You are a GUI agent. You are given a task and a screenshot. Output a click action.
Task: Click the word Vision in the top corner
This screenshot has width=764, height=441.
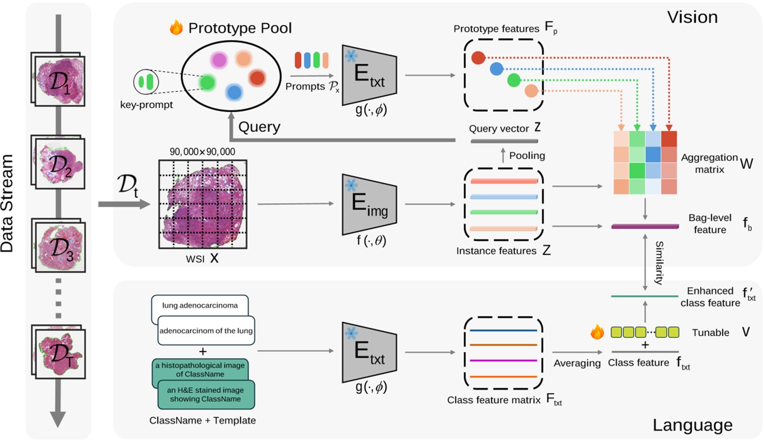(x=693, y=17)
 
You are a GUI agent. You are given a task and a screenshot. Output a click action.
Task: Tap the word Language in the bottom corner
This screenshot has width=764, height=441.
(x=692, y=425)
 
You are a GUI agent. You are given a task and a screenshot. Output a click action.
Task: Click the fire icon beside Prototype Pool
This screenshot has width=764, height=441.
(x=175, y=27)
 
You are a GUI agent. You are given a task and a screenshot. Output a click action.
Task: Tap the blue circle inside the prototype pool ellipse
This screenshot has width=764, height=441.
(x=233, y=91)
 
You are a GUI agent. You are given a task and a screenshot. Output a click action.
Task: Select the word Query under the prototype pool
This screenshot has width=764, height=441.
(x=259, y=127)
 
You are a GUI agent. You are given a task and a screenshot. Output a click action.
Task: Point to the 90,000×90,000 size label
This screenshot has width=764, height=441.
(x=202, y=151)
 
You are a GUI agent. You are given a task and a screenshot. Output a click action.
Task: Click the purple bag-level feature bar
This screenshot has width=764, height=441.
(x=644, y=226)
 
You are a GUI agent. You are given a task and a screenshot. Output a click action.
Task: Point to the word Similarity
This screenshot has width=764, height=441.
(x=658, y=264)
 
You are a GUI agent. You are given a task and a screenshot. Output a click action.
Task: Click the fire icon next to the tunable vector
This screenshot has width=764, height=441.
(x=597, y=332)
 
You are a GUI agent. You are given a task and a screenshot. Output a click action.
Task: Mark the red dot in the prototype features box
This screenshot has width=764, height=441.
(x=478, y=57)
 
